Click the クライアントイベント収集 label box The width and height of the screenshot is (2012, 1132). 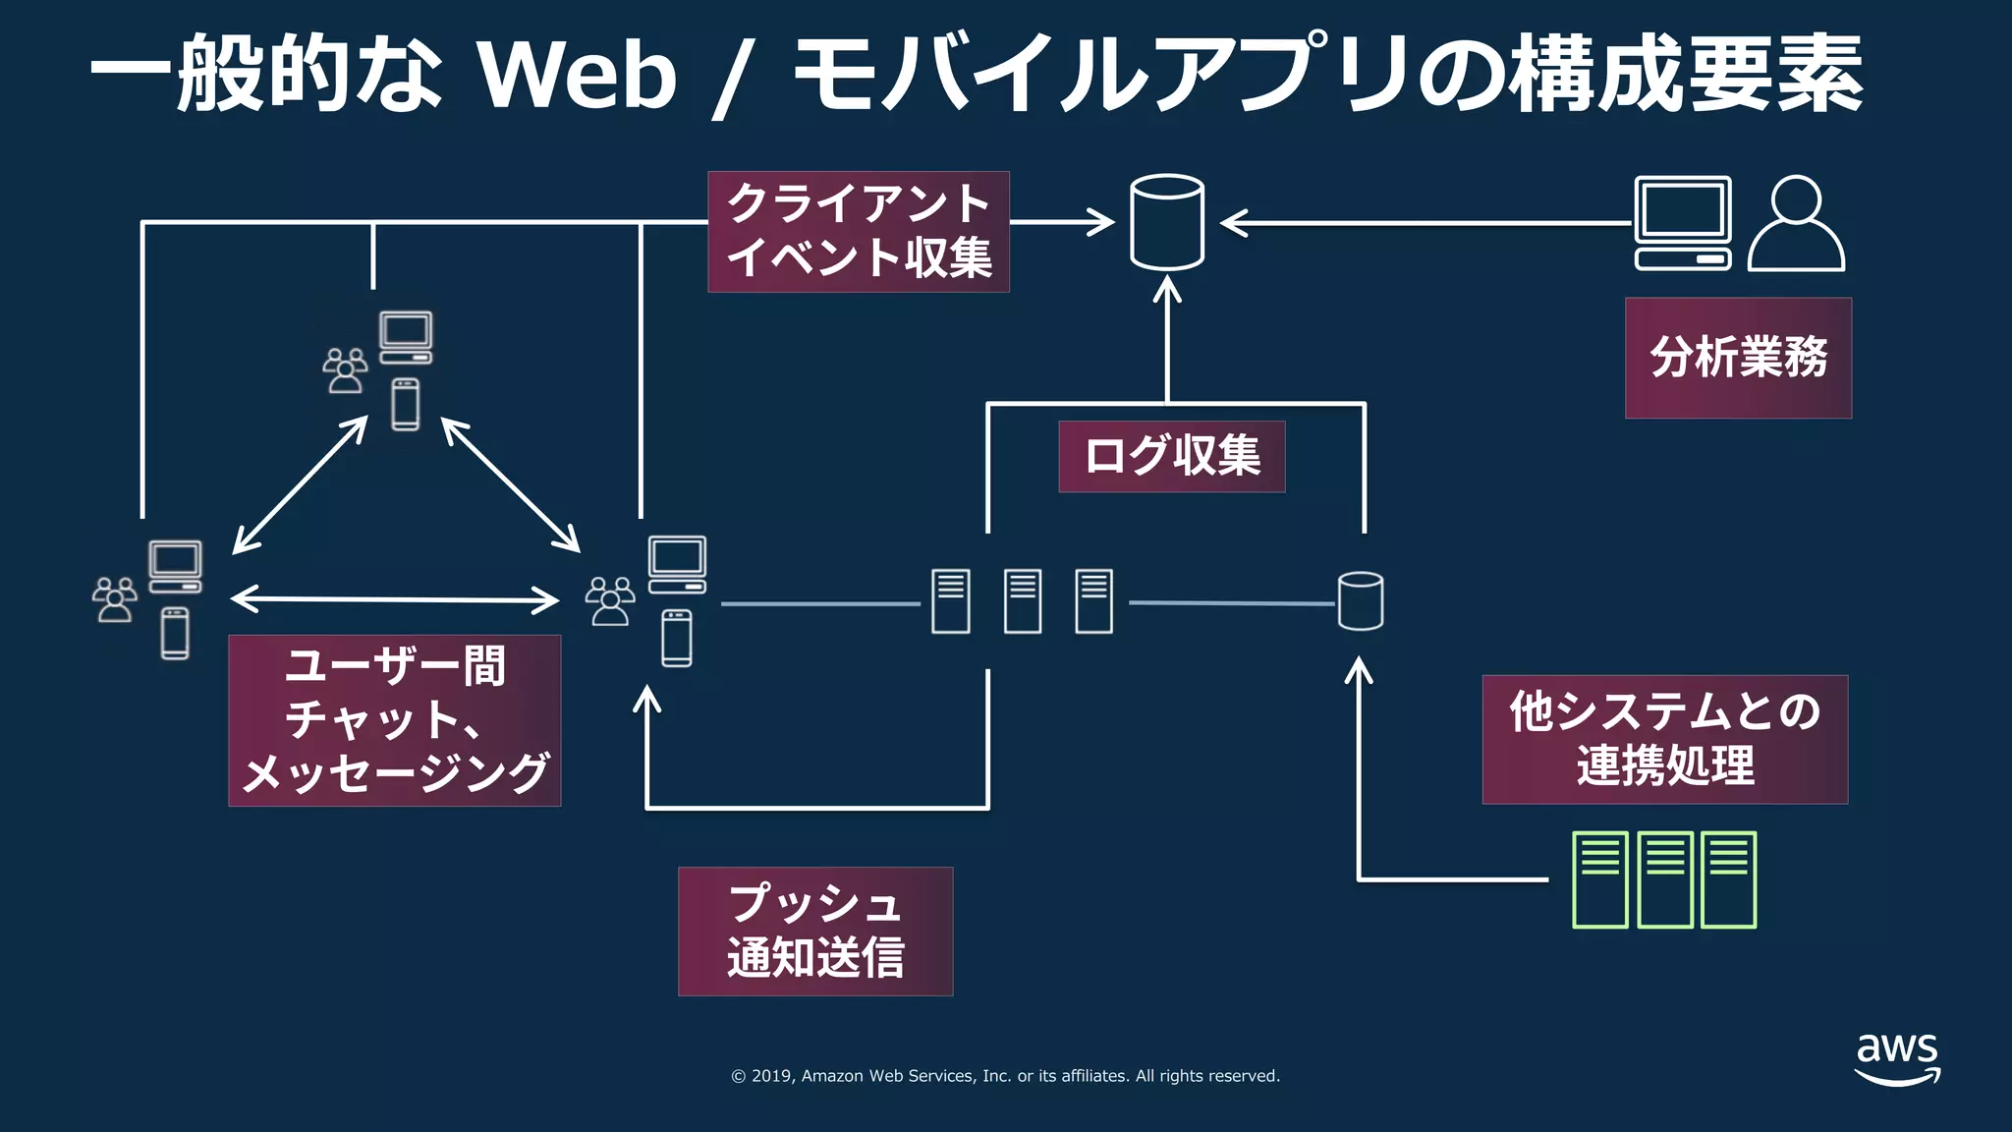point(858,232)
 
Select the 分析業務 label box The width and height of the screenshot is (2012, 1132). point(1737,358)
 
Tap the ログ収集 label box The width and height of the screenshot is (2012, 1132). point(1171,457)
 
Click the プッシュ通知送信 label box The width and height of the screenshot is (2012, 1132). point(814,931)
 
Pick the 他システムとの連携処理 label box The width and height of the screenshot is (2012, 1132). point(1664,739)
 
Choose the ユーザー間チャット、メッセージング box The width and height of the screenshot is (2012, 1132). point(394,720)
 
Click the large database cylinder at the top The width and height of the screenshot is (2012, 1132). point(1166,222)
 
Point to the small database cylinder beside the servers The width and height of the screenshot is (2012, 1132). point(1361,600)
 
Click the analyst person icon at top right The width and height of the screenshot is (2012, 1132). point(1796,224)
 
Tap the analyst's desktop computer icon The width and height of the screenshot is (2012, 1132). point(1682,223)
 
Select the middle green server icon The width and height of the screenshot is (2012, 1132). point(1664,879)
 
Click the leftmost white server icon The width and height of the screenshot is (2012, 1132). point(950,601)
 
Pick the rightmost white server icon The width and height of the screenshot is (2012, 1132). point(1093,601)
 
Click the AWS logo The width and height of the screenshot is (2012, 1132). point(1897,1058)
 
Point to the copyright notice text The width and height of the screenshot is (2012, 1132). point(1005,1076)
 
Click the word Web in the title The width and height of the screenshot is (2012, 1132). point(577,75)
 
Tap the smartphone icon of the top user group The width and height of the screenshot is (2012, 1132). point(405,404)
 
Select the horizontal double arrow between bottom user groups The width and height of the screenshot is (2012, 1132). point(395,598)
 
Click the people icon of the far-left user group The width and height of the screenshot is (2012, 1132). point(115,599)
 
